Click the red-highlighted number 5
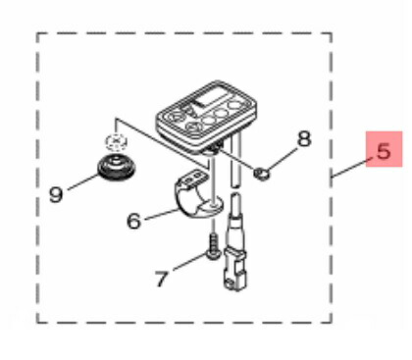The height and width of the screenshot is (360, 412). point(384,151)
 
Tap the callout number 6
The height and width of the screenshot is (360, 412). point(134,221)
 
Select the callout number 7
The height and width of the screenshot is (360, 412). point(161,279)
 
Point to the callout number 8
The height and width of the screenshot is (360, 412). point(304,139)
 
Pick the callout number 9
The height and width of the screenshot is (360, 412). point(56,194)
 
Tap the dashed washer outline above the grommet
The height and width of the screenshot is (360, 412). point(116,141)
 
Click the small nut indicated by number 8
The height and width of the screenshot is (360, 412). point(262,173)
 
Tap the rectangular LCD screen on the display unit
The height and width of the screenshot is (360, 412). point(210,97)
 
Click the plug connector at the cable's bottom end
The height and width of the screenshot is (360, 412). point(234,270)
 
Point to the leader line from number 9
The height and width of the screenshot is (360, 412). point(83,182)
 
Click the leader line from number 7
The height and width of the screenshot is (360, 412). point(191,261)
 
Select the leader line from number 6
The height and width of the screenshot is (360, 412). point(162,214)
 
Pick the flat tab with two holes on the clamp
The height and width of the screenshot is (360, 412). point(192,178)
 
